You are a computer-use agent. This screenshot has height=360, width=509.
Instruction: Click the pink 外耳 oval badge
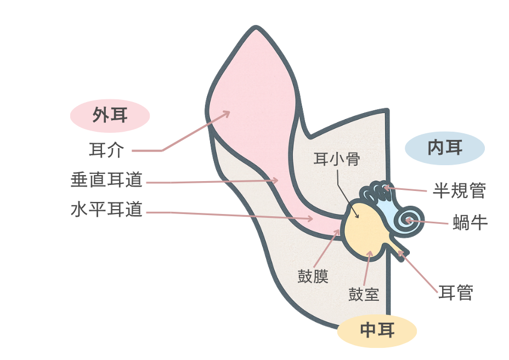pyautogui.click(x=110, y=115)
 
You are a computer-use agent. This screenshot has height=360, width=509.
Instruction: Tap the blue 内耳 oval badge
pyautogui.click(x=444, y=148)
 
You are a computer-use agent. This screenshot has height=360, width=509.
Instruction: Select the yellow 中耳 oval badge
pyautogui.click(x=377, y=330)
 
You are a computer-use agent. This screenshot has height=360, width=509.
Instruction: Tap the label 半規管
pyautogui.click(x=459, y=190)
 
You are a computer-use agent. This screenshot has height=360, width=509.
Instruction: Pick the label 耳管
pyautogui.click(x=455, y=292)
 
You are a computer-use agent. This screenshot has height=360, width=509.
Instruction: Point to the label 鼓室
pyautogui.click(x=364, y=295)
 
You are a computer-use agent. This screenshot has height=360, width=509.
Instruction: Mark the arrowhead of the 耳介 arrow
pyautogui.click(x=227, y=113)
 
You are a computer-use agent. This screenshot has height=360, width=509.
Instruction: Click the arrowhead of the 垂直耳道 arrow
pyautogui.click(x=276, y=179)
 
